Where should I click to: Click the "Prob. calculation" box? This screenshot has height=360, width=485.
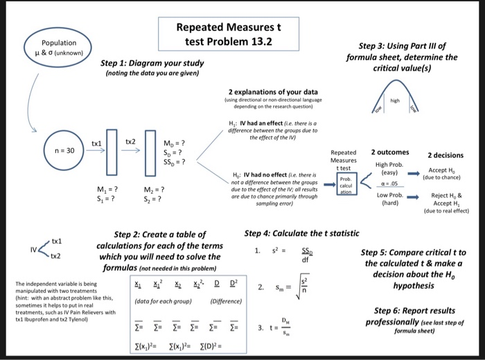[x=344, y=183]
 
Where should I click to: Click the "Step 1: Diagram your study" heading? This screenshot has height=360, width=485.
[x=152, y=63]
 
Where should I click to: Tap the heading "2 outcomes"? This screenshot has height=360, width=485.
[x=390, y=152]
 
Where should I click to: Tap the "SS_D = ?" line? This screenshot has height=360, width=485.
[x=173, y=163]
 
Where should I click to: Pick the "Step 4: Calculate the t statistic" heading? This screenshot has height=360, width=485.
[x=301, y=233]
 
